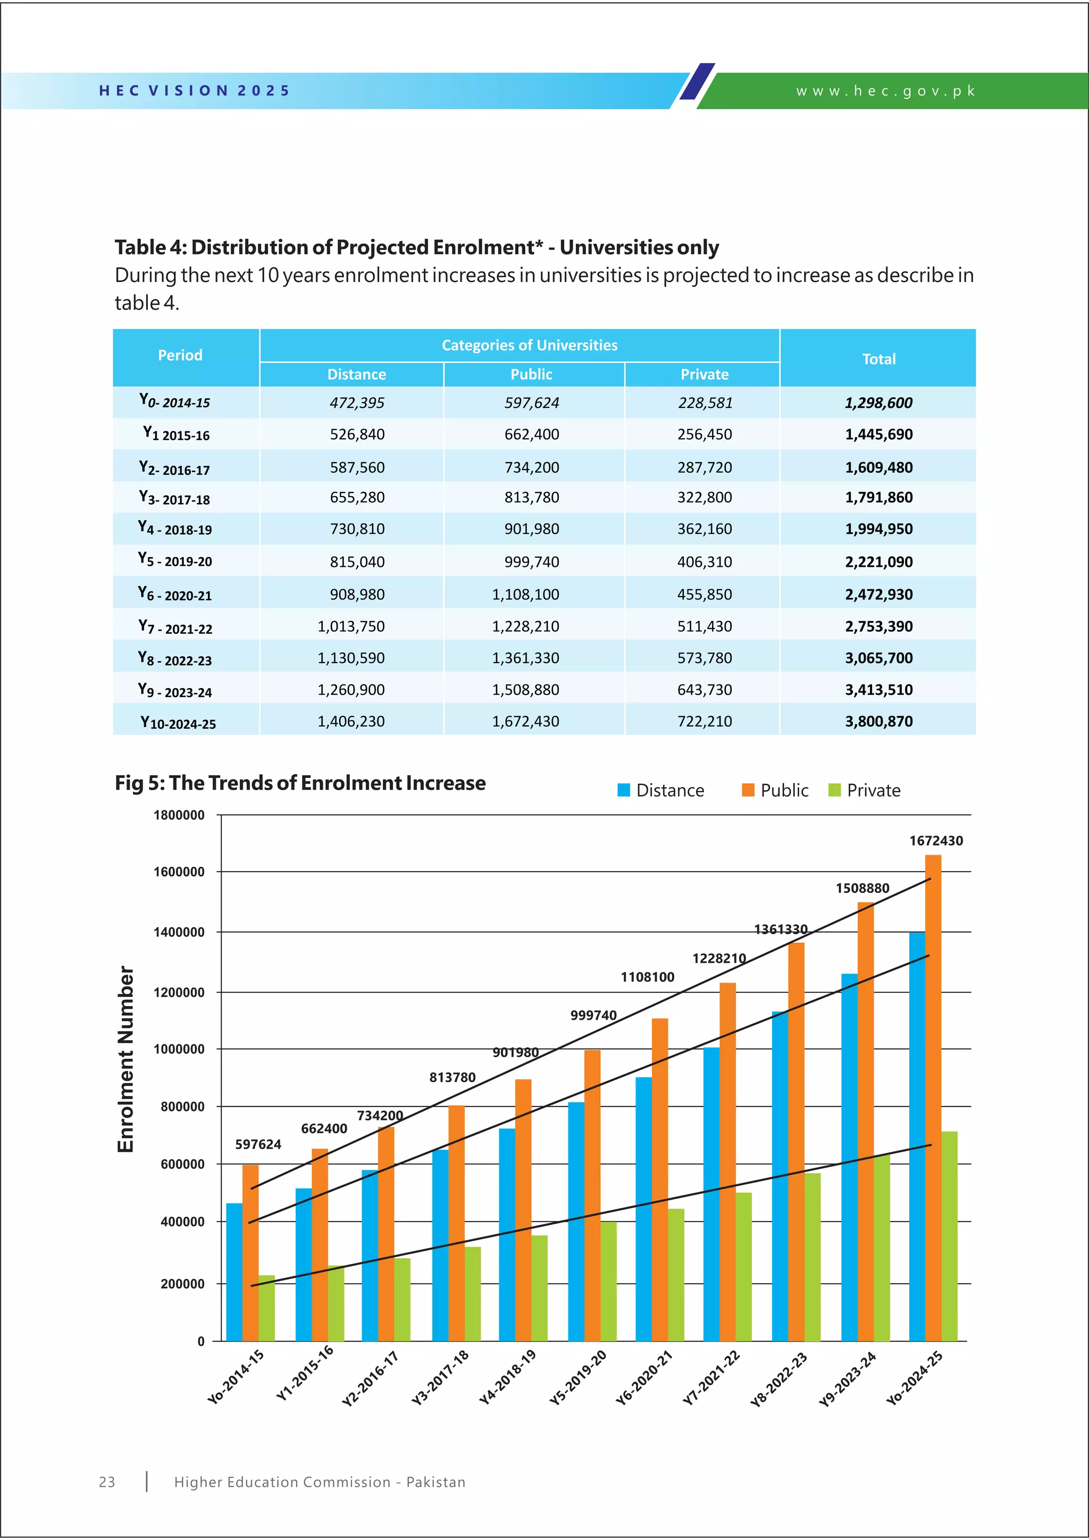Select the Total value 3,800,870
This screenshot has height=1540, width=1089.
tap(878, 721)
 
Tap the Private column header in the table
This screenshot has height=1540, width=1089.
tap(704, 374)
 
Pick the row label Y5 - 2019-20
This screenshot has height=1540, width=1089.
tap(175, 560)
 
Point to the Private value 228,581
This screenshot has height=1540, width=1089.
tap(705, 403)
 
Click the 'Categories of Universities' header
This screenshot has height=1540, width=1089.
tap(529, 346)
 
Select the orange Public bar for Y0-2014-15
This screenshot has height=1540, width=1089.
tap(250, 1254)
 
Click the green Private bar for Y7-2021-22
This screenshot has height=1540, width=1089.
tap(743, 1268)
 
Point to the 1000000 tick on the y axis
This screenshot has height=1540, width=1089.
tap(179, 1050)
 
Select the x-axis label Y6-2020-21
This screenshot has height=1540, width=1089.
tap(644, 1378)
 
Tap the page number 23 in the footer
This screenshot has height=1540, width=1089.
tap(107, 1483)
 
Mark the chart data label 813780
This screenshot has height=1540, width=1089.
tap(452, 1077)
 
